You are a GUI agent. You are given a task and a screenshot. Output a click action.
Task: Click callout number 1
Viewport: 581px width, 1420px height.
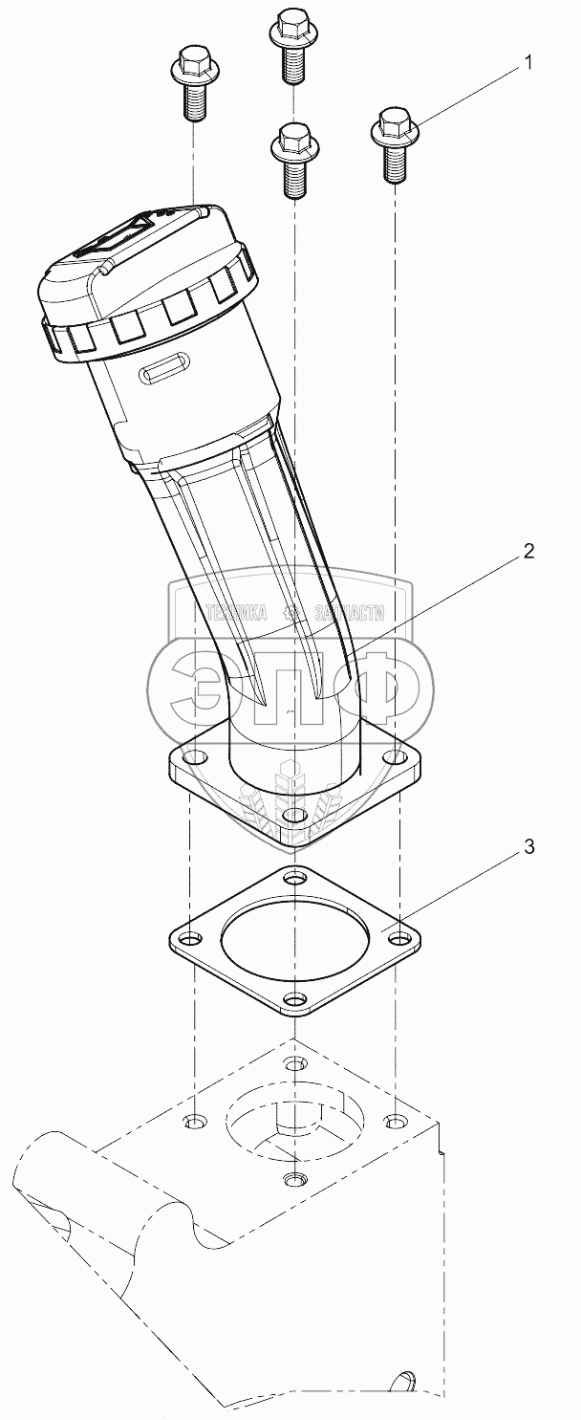[527, 63]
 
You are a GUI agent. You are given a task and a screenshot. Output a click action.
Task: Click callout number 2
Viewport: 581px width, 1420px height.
[528, 551]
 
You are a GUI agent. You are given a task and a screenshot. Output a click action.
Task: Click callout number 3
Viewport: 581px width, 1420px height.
[528, 847]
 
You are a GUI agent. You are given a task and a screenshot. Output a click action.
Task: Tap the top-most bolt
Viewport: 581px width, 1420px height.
[292, 49]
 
